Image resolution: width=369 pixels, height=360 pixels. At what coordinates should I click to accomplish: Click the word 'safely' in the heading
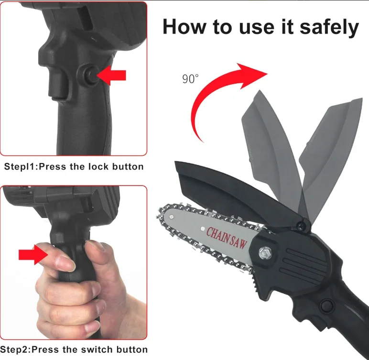[329, 27]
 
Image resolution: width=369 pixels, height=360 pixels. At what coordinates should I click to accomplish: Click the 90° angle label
[190, 78]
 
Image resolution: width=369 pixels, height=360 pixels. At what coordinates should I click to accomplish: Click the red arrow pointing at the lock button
[111, 76]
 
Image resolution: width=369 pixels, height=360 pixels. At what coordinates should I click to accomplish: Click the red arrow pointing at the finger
[33, 255]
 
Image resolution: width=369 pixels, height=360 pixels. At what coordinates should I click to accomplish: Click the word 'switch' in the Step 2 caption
[96, 349]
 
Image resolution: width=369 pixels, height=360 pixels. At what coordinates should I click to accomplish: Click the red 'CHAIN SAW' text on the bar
[227, 238]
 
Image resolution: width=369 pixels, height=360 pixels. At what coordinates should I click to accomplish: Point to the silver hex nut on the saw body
[265, 252]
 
